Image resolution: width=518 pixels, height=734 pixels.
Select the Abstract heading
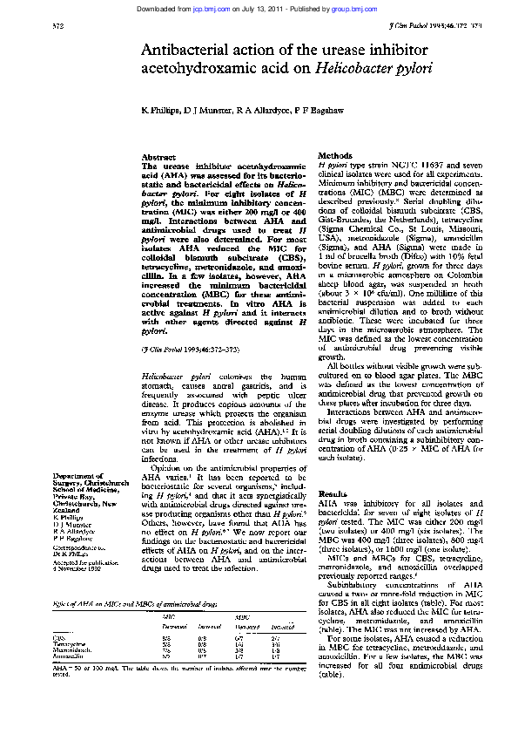159,157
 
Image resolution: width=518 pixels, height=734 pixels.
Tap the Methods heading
335,154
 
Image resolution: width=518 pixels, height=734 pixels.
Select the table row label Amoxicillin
70,656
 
